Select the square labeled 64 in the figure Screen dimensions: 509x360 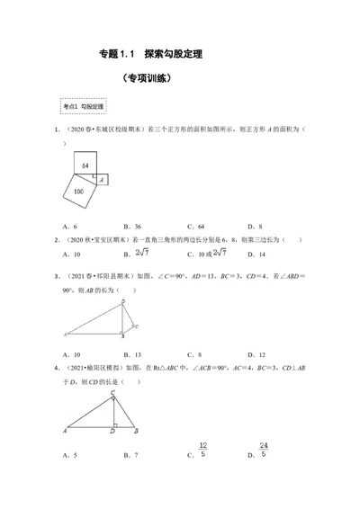83,167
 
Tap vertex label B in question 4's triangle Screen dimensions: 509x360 134,433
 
